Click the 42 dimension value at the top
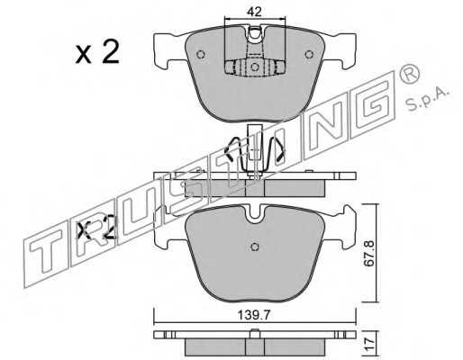tap(254, 12)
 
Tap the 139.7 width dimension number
tap(254, 315)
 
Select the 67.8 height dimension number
tap(368, 253)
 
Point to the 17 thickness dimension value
tap(368, 342)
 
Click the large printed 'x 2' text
tap(97, 51)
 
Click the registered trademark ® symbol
tap(409, 75)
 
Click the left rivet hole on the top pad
tap(201, 55)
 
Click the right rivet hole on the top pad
tap(309, 55)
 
